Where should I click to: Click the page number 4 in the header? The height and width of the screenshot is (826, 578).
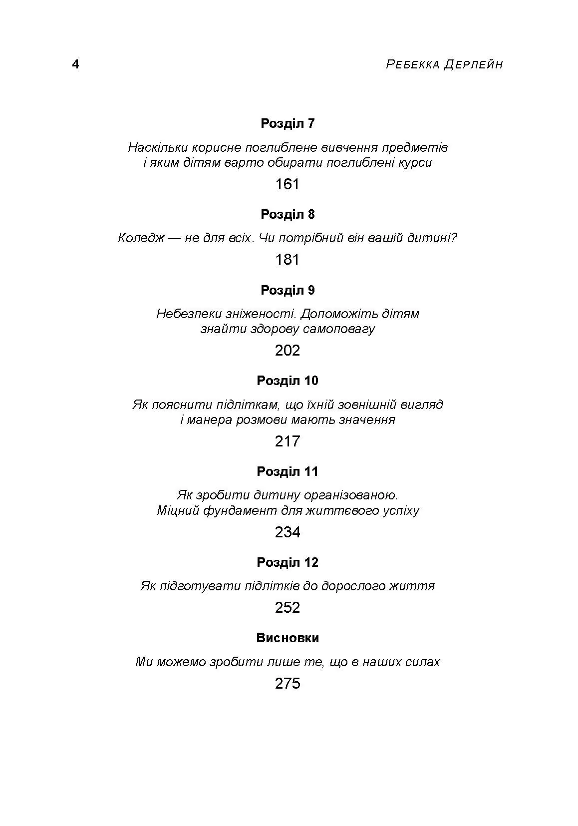tap(76, 64)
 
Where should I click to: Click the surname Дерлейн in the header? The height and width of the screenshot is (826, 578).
tap(473, 65)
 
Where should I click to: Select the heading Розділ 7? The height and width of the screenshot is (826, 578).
tap(288, 123)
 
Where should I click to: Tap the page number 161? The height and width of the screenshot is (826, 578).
tap(287, 184)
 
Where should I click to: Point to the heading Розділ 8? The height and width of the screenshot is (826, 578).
tap(288, 214)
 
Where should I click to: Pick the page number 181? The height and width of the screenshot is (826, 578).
tap(287, 260)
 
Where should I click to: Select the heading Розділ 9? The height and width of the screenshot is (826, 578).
tap(288, 290)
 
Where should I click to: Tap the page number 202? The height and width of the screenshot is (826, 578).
tap(287, 351)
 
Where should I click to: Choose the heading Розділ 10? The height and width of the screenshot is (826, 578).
tap(288, 381)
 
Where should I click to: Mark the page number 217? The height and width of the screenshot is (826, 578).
tap(287, 441)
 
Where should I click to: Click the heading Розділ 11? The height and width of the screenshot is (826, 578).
tap(288, 471)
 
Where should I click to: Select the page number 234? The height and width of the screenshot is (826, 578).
tap(287, 532)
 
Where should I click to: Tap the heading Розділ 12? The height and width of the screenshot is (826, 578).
tap(288, 562)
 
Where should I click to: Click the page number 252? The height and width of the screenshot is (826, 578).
tap(287, 608)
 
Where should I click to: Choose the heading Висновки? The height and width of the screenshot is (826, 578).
tap(288, 638)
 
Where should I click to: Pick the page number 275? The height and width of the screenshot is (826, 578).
tap(287, 683)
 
